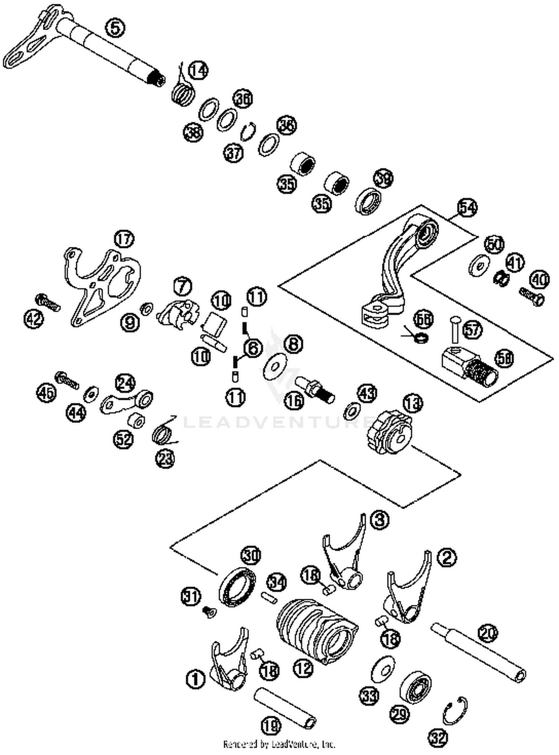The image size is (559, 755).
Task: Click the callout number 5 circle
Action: coord(115,28)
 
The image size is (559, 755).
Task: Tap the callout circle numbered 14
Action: coord(198,70)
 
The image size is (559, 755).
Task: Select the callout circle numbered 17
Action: coord(124,239)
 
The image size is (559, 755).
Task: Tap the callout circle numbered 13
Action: coord(413,404)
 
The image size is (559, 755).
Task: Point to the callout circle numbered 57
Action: coord(472,329)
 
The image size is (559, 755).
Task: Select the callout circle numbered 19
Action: coord(271,725)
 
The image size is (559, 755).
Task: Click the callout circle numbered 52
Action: coord(123,439)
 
